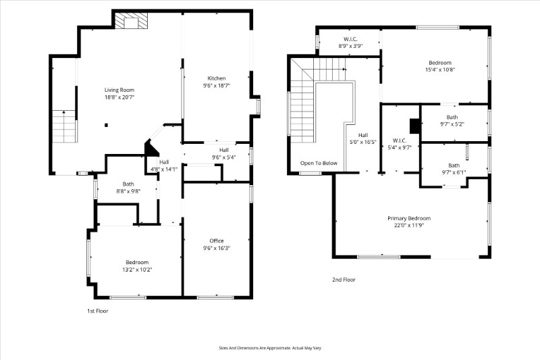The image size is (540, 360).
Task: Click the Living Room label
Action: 119,90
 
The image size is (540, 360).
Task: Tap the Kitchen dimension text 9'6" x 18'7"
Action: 217,85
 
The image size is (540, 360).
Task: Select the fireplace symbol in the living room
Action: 131,21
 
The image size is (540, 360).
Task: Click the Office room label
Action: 217,241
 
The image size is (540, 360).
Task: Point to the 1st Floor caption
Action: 97,311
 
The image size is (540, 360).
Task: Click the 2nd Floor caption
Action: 344,280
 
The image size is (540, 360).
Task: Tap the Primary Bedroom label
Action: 409,218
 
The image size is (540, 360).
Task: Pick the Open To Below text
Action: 319,163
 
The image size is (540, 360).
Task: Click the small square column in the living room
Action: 107,125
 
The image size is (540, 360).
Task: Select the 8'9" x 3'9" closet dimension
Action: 350,46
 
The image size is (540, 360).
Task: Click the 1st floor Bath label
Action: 128,184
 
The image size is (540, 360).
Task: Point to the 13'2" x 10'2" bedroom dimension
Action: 137,269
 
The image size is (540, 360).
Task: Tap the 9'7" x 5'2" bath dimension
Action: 452,124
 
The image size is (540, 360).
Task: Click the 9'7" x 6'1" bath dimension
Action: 454,173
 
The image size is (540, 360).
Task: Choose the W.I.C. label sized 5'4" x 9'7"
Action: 400,140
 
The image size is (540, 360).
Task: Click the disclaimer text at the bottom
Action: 270,348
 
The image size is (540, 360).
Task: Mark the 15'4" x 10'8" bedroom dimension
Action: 440,70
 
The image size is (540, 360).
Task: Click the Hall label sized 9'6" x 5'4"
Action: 224,150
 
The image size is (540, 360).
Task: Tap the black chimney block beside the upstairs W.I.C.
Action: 414,126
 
